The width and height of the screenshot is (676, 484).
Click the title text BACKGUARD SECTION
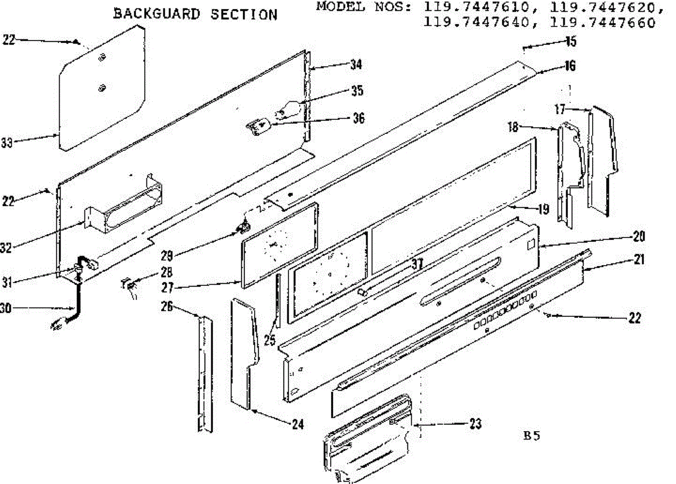195,15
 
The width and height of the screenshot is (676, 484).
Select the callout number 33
7,144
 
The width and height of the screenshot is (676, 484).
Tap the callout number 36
358,118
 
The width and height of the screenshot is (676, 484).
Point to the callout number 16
570,66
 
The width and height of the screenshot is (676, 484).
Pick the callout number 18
513,127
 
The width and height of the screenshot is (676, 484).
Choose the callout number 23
475,424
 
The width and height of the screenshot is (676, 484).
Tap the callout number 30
8,308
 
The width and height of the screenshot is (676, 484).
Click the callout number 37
416,264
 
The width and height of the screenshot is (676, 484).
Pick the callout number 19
543,210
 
